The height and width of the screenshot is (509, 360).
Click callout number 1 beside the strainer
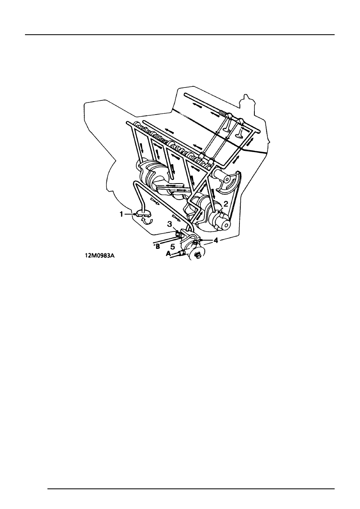tap(121, 214)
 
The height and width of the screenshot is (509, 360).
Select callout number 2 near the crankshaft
tap(225, 204)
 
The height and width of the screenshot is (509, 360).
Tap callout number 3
tap(170, 224)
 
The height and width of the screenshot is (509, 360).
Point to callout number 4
tap(216, 240)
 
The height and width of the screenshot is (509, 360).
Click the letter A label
tap(168, 254)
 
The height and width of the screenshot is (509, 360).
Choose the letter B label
tap(158, 246)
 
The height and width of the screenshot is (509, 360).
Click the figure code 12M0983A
tap(100, 256)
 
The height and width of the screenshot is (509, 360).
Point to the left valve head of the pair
tap(227, 130)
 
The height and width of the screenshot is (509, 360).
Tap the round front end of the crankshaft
tap(226, 224)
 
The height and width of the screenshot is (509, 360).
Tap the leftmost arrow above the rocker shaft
tap(196, 104)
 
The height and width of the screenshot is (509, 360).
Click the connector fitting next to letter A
tap(182, 253)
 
